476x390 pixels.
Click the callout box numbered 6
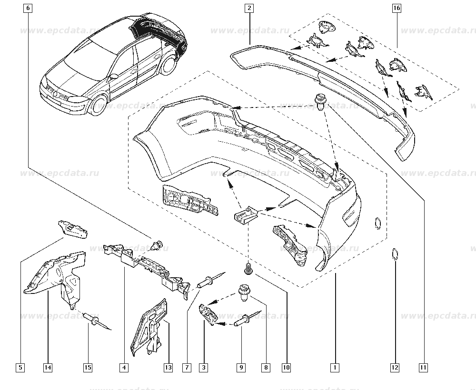point(28,8)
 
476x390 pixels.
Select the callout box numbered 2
point(249,8)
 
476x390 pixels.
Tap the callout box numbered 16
point(397,8)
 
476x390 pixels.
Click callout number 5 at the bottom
point(20,367)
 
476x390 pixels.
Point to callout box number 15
point(88,367)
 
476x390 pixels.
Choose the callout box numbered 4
point(123,367)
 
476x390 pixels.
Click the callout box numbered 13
point(168,367)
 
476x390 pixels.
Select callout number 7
point(187,367)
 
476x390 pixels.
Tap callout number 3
point(204,367)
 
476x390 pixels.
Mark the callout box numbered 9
point(241,367)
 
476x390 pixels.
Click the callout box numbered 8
point(266,367)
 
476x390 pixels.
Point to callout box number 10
point(286,367)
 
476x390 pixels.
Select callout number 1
point(336,367)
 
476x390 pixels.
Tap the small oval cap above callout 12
point(395,254)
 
